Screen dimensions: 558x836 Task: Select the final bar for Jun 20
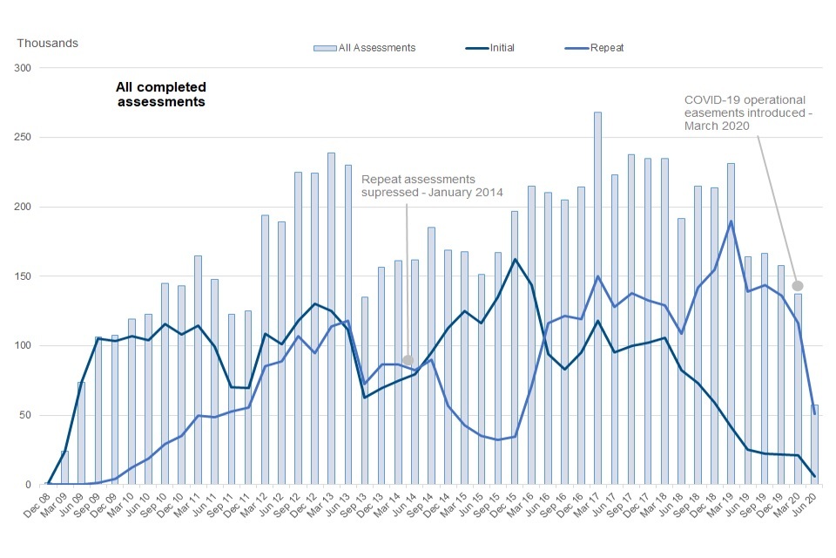click(x=814, y=445)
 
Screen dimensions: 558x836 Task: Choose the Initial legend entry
click(x=489, y=47)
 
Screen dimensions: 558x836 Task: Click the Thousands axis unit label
click(x=48, y=43)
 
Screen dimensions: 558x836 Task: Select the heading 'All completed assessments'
click(x=161, y=94)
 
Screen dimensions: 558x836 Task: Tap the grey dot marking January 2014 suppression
click(x=408, y=360)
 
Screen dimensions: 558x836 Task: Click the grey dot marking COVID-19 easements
click(x=797, y=285)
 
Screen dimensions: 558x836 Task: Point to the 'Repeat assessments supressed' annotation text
click(x=432, y=186)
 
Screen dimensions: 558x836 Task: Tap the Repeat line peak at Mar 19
click(x=731, y=221)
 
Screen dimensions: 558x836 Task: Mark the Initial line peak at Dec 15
click(x=515, y=259)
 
